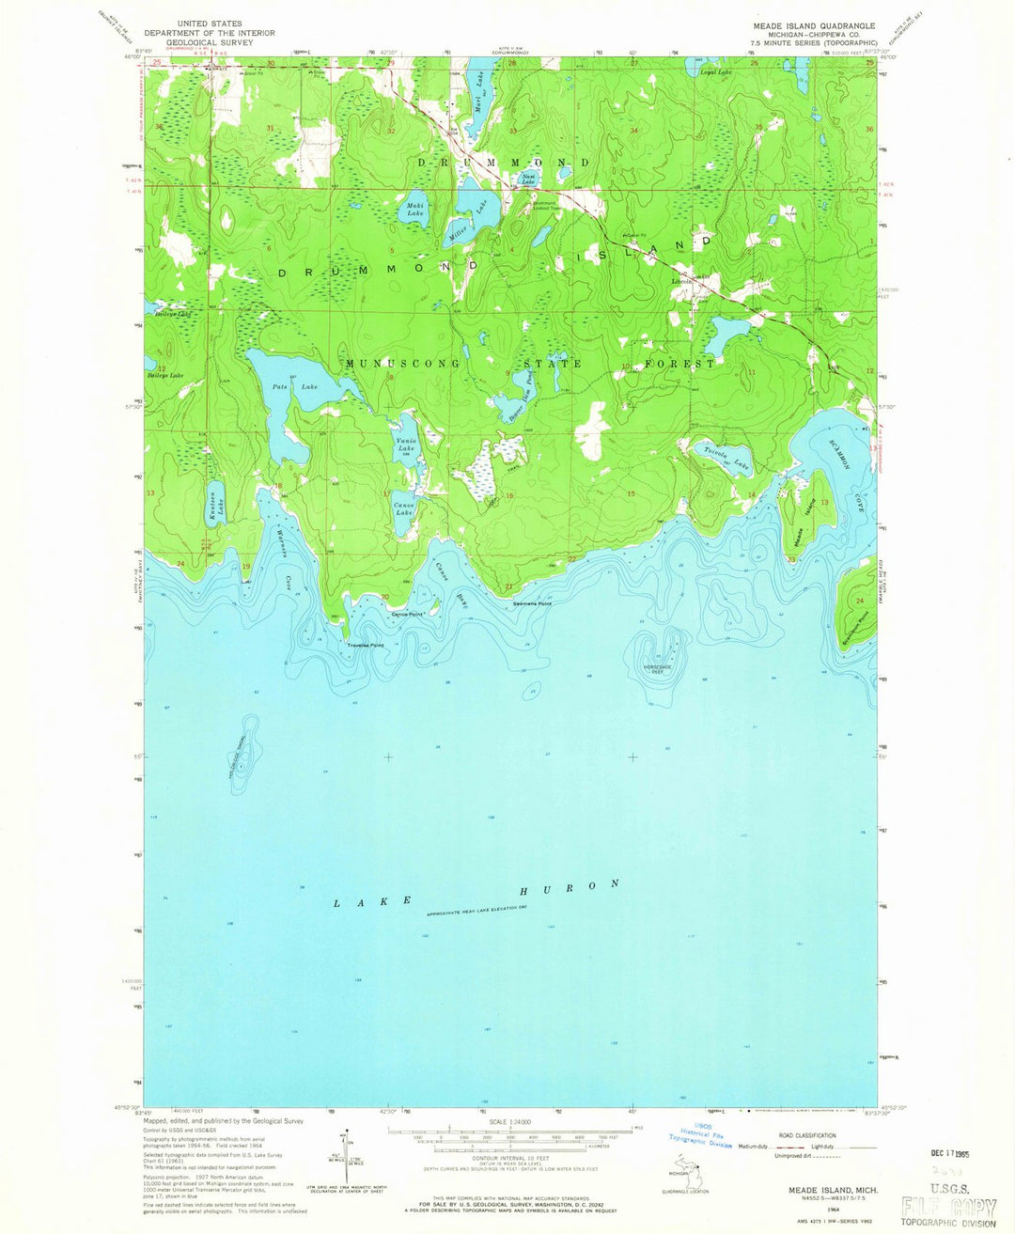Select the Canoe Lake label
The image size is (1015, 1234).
[403, 508]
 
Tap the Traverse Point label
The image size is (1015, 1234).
[366, 646]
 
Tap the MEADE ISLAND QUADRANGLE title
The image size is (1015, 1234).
[820, 25]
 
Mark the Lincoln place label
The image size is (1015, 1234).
[682, 280]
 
